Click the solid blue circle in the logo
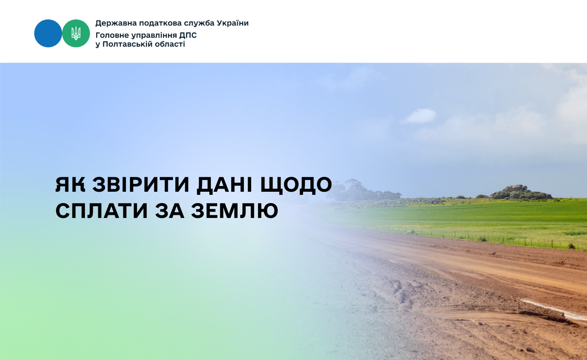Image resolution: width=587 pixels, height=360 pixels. pyautogui.click(x=48, y=33)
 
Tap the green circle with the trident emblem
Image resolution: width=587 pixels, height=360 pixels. pyautogui.click(x=76, y=33)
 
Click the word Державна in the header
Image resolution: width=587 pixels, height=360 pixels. pyautogui.click(x=116, y=23)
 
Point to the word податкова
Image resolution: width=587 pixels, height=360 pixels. pyautogui.click(x=160, y=23)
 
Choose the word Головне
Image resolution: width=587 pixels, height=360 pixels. pyautogui.click(x=112, y=35)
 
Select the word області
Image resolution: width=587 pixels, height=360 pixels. pyautogui.click(x=170, y=44)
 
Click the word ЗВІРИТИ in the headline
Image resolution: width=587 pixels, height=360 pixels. pyautogui.click(x=141, y=185)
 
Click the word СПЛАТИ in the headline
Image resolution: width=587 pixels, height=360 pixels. pyautogui.click(x=102, y=211)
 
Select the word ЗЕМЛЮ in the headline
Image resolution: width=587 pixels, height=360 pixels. pyautogui.click(x=234, y=211)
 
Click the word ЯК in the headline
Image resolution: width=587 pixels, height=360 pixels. pyautogui.click(x=70, y=185)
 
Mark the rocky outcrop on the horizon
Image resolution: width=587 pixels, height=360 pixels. pyautogui.click(x=521, y=192)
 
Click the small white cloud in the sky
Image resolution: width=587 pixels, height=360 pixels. pyautogui.click(x=419, y=116)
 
